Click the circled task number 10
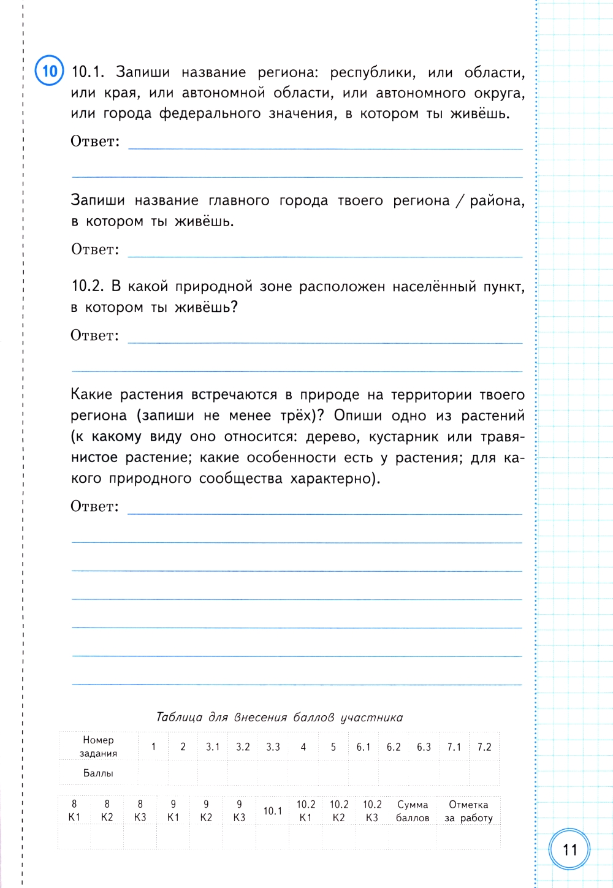[49, 70]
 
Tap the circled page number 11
[569, 849]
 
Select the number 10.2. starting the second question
[88, 286]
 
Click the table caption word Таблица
[183, 717]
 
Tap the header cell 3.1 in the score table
[213, 746]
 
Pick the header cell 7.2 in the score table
[484, 746]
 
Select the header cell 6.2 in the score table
[394, 746]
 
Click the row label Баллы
[98, 773]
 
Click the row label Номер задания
[98, 746]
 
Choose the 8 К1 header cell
[74, 810]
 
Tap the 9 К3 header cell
[239, 810]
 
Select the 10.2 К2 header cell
[339, 810]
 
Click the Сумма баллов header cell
[413, 810]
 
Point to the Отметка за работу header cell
[468, 810]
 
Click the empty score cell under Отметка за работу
[468, 837]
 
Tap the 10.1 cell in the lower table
[273, 811]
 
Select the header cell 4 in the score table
[303, 746]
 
